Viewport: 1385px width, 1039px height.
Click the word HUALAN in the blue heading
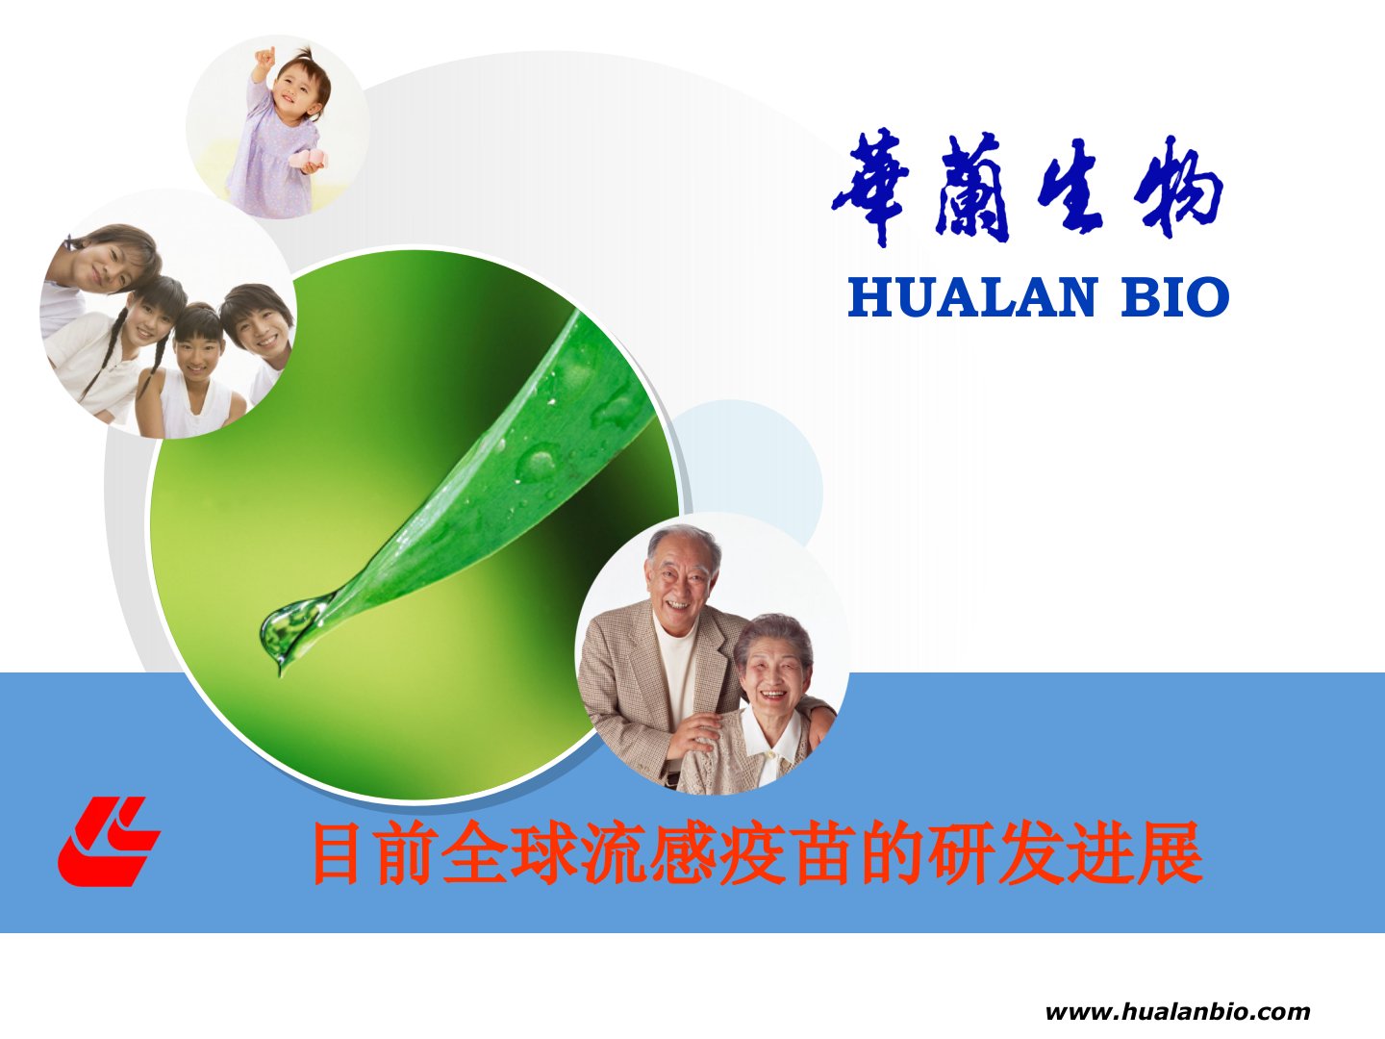click(971, 297)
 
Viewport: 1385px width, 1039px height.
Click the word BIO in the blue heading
click(1175, 297)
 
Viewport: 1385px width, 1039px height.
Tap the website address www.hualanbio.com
click(1177, 1012)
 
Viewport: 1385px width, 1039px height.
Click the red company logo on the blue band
click(109, 841)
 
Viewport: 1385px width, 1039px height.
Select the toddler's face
click(298, 89)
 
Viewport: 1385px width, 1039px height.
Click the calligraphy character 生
click(1070, 187)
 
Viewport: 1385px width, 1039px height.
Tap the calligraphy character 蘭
click(971, 189)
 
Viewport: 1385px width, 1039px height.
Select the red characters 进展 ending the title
click(1135, 852)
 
